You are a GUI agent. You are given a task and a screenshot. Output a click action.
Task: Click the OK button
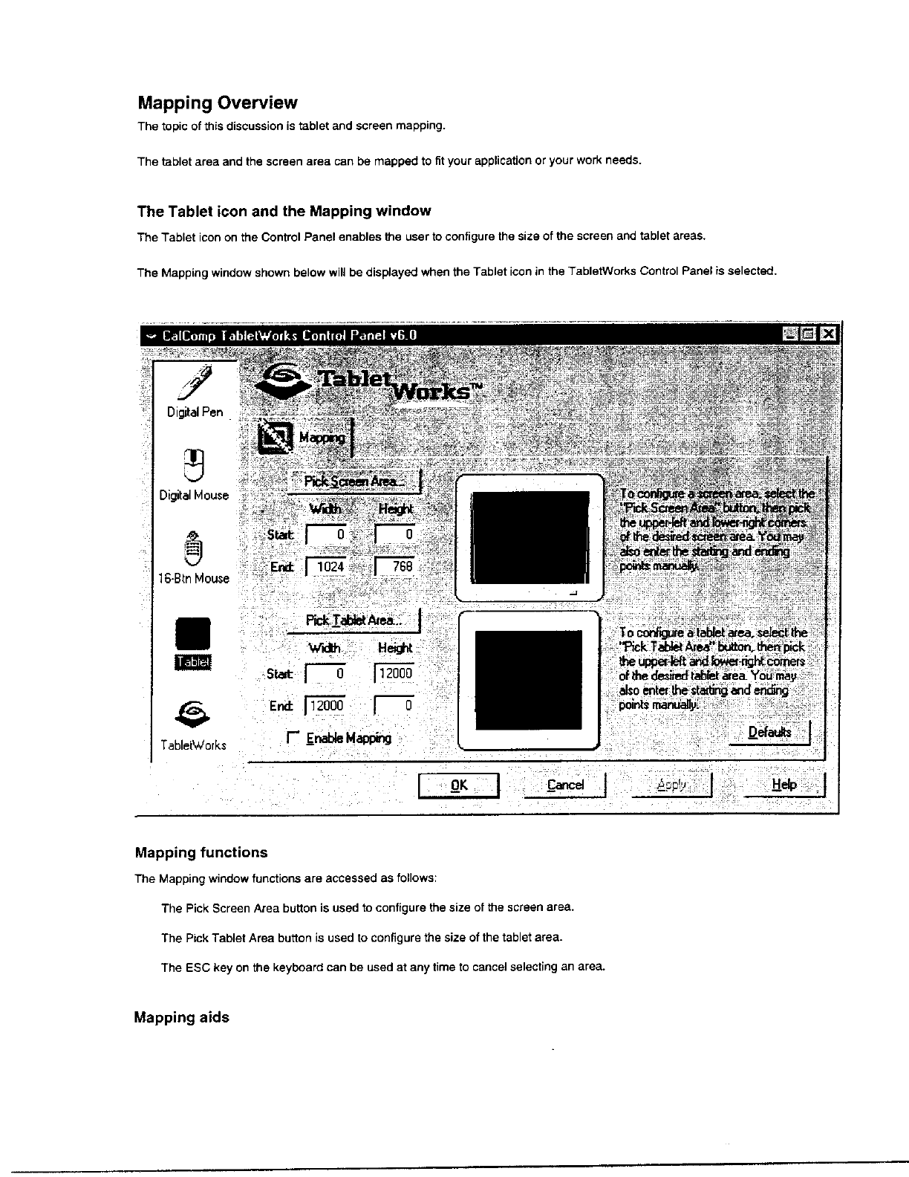click(x=459, y=785)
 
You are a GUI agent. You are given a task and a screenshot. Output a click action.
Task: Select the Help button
click(x=784, y=785)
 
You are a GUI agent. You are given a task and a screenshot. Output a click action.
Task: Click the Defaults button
click(x=769, y=733)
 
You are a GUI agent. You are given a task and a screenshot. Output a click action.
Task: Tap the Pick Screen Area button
click(x=354, y=481)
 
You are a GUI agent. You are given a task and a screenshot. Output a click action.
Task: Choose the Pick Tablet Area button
click(x=353, y=620)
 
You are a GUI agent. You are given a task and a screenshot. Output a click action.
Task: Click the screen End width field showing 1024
click(x=328, y=567)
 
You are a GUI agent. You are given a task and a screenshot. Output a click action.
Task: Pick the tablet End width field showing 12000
click(x=327, y=705)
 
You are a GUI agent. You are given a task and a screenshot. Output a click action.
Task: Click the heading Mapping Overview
click(x=217, y=103)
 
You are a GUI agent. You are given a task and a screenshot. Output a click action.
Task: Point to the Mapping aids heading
click(x=181, y=1017)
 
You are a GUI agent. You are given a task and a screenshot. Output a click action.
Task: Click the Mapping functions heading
click(x=201, y=852)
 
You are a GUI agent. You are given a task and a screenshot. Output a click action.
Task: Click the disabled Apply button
click(x=672, y=785)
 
